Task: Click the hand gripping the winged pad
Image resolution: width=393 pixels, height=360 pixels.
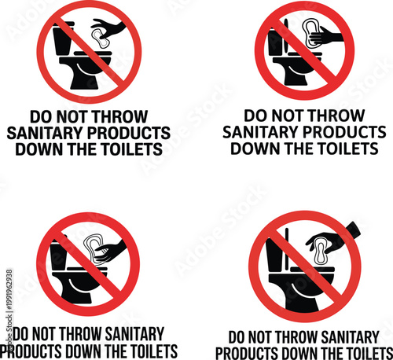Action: click(x=329, y=36)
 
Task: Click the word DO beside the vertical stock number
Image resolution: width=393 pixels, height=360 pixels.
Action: click(x=24, y=332)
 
